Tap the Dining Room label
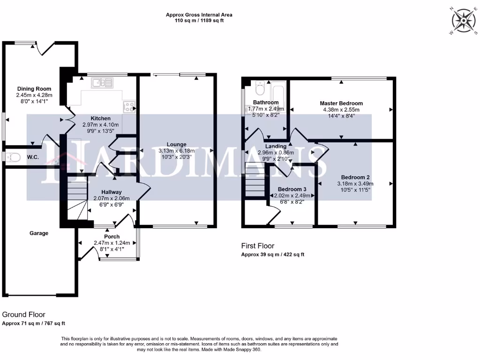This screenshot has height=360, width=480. click(34, 89)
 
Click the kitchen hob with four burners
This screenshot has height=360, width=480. click(128, 106)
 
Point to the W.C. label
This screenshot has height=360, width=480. click(32, 157)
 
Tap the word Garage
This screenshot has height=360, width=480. click(39, 233)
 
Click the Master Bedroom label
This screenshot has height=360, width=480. click(341, 103)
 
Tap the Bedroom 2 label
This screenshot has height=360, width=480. click(355, 177)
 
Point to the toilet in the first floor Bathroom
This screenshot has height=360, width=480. click(261, 89)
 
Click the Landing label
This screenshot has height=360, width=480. click(275, 146)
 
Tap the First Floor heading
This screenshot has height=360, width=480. click(257, 246)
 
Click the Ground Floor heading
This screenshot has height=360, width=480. click(24, 315)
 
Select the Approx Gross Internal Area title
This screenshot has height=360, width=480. click(199, 15)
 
